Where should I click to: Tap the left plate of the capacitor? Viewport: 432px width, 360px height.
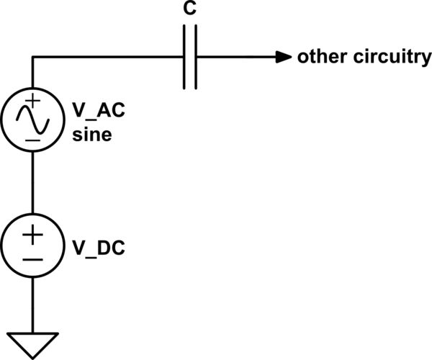(185, 58)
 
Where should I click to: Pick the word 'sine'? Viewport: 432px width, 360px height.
(92, 134)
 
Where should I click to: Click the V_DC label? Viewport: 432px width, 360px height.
(98, 249)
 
